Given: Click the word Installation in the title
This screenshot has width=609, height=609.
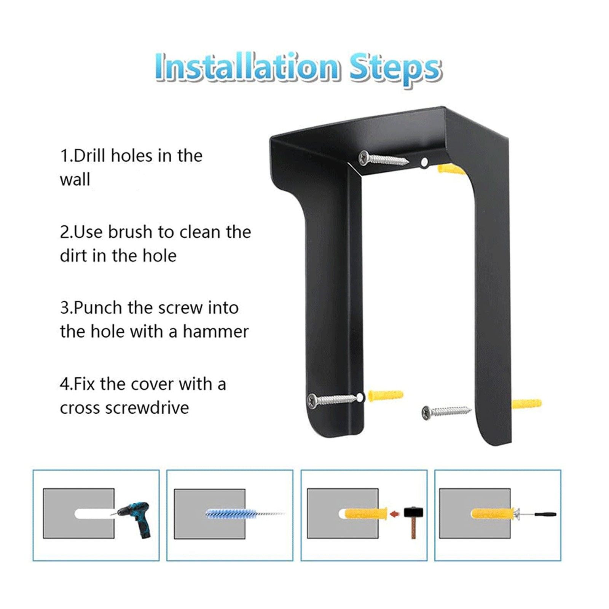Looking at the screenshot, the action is pyautogui.click(x=246, y=67).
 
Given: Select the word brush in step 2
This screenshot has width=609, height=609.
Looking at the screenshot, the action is pyautogui.click(x=130, y=232).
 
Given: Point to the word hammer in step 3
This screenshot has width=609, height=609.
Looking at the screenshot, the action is pyautogui.click(x=215, y=331).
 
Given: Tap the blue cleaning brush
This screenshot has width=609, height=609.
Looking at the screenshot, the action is pyautogui.click(x=244, y=513).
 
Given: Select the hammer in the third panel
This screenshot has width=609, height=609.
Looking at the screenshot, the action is pyautogui.click(x=413, y=521).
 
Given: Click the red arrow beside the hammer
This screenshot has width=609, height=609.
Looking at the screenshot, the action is pyautogui.click(x=395, y=514).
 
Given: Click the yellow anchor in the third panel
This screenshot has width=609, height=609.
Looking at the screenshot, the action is pyautogui.click(x=366, y=514).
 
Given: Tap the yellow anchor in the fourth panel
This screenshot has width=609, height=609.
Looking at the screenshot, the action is pyautogui.click(x=493, y=514).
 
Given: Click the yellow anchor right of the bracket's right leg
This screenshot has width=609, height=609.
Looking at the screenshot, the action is pyautogui.click(x=526, y=403).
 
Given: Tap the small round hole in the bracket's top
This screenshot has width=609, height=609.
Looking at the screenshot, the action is pyautogui.click(x=424, y=163).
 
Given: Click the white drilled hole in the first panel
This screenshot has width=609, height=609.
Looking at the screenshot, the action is pyautogui.click(x=94, y=514).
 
